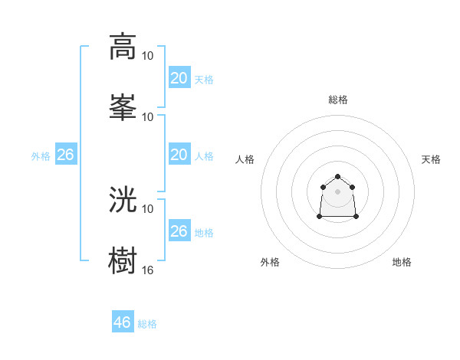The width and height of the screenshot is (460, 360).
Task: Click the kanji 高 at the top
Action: pos(123,46)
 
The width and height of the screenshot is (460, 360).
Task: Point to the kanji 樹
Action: pos(123,260)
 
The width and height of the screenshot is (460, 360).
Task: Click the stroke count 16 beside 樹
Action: pos(148,270)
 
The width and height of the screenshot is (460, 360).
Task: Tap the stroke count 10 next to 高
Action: pos(148,55)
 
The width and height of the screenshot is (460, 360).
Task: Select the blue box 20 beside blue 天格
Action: pos(179,78)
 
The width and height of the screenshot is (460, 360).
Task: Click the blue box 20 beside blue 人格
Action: pos(179,155)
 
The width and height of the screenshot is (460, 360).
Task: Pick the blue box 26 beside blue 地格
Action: pos(179,231)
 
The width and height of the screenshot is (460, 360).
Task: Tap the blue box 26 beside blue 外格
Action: pos(66,155)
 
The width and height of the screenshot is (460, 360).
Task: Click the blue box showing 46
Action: pos(123,322)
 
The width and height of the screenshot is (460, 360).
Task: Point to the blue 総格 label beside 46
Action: pos(147,324)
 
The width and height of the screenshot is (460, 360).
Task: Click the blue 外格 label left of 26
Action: pos(41,156)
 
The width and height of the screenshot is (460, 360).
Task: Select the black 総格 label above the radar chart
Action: pos(337,100)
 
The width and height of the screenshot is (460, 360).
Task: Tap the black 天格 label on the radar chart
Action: pos(432,159)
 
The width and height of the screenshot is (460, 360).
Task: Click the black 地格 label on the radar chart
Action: pos(402,262)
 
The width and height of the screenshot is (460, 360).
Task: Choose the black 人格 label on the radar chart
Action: pos(245,159)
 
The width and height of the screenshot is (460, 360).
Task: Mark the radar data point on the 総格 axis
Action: pos(337,176)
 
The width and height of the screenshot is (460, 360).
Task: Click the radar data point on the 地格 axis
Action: pos(356,217)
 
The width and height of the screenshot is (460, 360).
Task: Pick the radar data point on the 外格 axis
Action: pos(319,217)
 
